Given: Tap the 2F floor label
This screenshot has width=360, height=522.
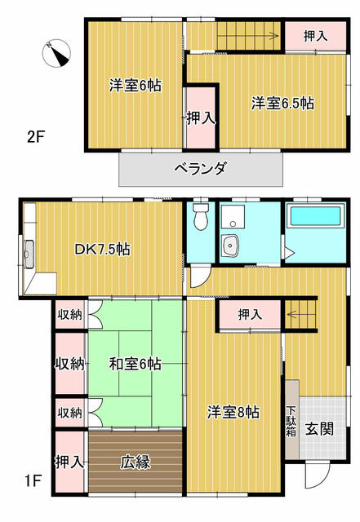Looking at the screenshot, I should (35, 136).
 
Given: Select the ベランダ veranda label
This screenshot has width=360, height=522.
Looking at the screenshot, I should (199, 169).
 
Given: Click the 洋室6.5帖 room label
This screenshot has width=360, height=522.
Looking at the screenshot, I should (282, 103).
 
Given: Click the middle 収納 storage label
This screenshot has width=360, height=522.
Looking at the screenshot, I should (70, 364).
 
